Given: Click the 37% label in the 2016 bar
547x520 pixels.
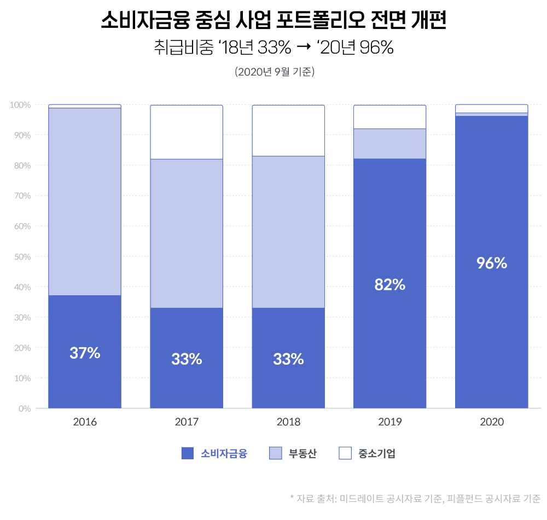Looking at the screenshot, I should [x=85, y=353].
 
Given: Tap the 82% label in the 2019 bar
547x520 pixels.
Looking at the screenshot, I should [x=389, y=284].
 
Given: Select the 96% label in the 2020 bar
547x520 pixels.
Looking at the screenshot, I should [x=491, y=263].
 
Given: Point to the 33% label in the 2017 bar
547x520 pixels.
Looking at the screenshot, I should [x=187, y=359].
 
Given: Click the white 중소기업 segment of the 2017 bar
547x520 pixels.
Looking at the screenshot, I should [x=187, y=132].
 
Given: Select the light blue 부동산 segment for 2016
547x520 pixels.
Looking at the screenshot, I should [x=85, y=201].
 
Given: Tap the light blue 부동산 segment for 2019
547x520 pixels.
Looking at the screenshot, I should [x=389, y=143].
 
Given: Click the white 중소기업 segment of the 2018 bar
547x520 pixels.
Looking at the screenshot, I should [x=288, y=130].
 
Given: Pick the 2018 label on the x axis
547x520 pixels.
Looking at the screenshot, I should [x=288, y=422].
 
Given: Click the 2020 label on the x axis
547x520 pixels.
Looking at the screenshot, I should [x=491, y=422].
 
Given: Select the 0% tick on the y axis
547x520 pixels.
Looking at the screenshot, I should [x=24, y=408].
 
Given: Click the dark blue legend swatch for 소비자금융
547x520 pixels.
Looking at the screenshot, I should [x=188, y=453].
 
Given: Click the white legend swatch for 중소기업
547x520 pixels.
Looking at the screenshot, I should [x=345, y=453].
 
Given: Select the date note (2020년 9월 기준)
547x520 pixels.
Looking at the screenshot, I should [x=273, y=72].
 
